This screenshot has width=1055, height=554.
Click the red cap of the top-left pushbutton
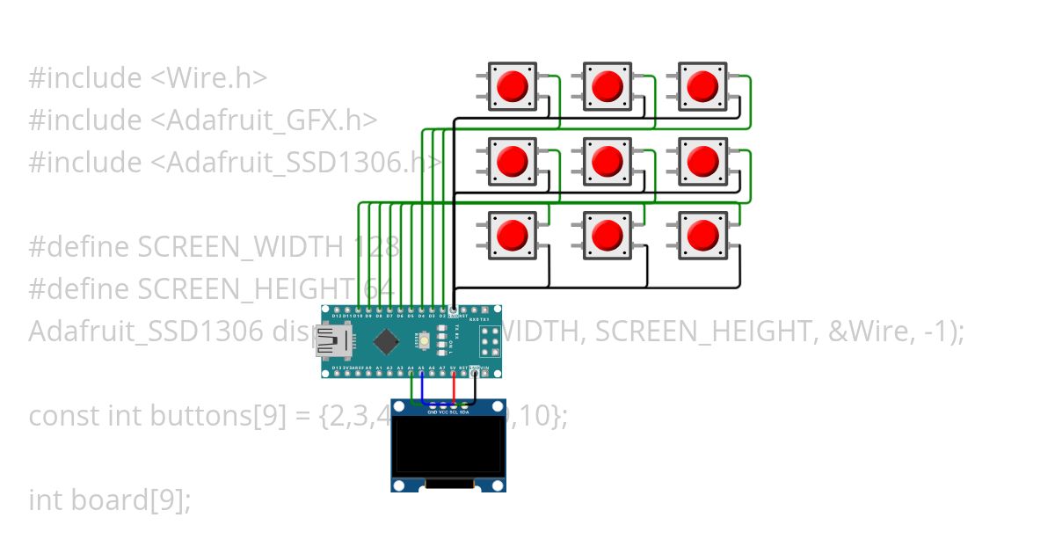(x=512, y=86)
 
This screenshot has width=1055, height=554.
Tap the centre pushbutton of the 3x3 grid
(x=607, y=161)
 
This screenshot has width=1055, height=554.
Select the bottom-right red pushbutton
(x=702, y=236)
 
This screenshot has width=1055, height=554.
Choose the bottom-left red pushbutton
(x=512, y=236)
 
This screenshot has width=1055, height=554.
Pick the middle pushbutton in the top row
(x=607, y=86)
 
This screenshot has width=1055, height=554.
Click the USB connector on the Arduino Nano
(x=332, y=341)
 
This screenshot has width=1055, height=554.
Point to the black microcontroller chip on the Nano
(x=385, y=340)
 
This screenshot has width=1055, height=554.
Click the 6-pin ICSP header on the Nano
(x=489, y=341)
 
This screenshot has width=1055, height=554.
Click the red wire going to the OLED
(x=454, y=387)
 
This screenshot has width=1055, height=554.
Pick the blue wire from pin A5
(x=422, y=387)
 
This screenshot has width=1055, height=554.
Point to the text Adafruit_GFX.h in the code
(x=271, y=120)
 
